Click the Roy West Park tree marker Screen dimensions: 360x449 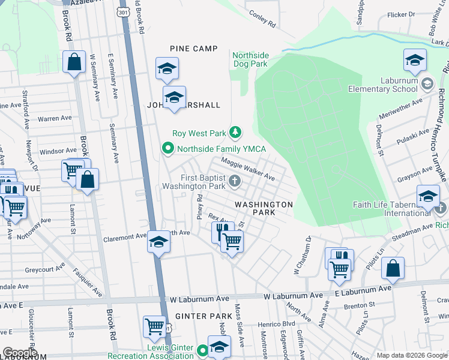(x=237, y=132)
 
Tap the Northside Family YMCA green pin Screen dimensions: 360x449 (x=168, y=148)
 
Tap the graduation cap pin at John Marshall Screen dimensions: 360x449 (x=174, y=98)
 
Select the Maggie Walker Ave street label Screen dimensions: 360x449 (x=248, y=169)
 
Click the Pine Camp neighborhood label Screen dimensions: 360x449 (x=193, y=48)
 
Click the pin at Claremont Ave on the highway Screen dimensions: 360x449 (x=158, y=242)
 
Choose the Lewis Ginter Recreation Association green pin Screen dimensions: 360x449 (x=203, y=350)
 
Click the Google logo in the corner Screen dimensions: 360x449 (x=20, y=352)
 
